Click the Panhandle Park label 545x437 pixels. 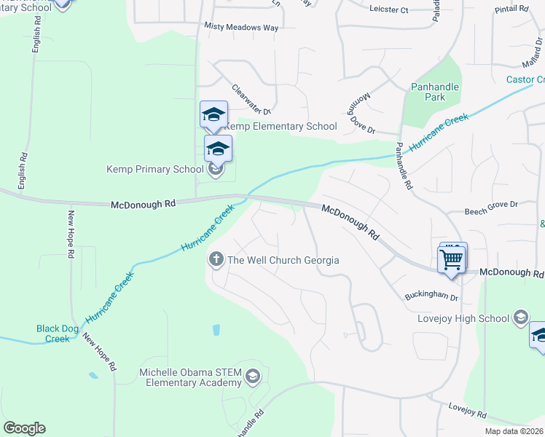[434, 91]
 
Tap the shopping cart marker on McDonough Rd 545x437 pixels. [452, 259]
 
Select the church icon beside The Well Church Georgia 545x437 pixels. [216, 259]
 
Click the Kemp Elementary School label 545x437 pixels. [280, 126]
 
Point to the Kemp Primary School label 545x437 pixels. [155, 169]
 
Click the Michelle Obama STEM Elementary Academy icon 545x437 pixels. [252, 377]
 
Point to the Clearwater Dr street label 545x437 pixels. [251, 100]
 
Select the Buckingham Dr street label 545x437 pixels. [431, 297]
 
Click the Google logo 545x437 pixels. [24, 428]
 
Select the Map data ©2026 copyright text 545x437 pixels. [514, 431]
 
